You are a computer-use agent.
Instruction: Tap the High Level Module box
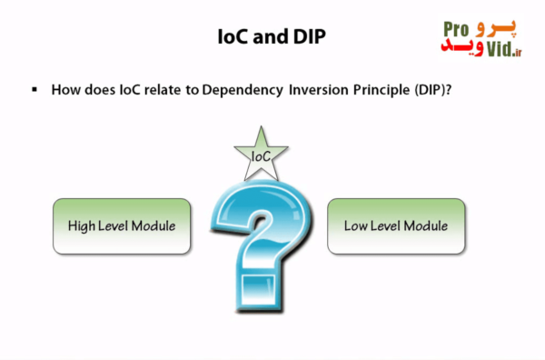(122, 225)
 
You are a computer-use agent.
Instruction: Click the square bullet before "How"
(35, 90)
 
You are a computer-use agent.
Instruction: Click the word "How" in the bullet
(65, 90)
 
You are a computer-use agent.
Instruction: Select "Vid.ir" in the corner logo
(504, 50)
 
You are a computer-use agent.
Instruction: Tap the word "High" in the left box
(84, 225)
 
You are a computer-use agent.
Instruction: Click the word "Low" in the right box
(355, 225)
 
